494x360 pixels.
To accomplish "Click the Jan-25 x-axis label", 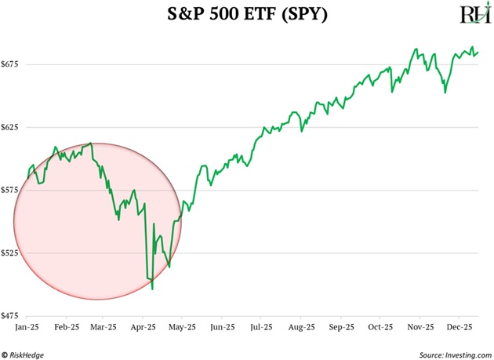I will click(27, 325).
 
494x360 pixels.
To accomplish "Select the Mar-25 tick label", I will click(104, 325).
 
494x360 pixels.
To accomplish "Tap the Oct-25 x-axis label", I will click(382, 325).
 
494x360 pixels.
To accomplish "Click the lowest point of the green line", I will click(152, 289).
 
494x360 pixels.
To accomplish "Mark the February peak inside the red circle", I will click(92, 144).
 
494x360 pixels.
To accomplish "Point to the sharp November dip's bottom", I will click(445, 93).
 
